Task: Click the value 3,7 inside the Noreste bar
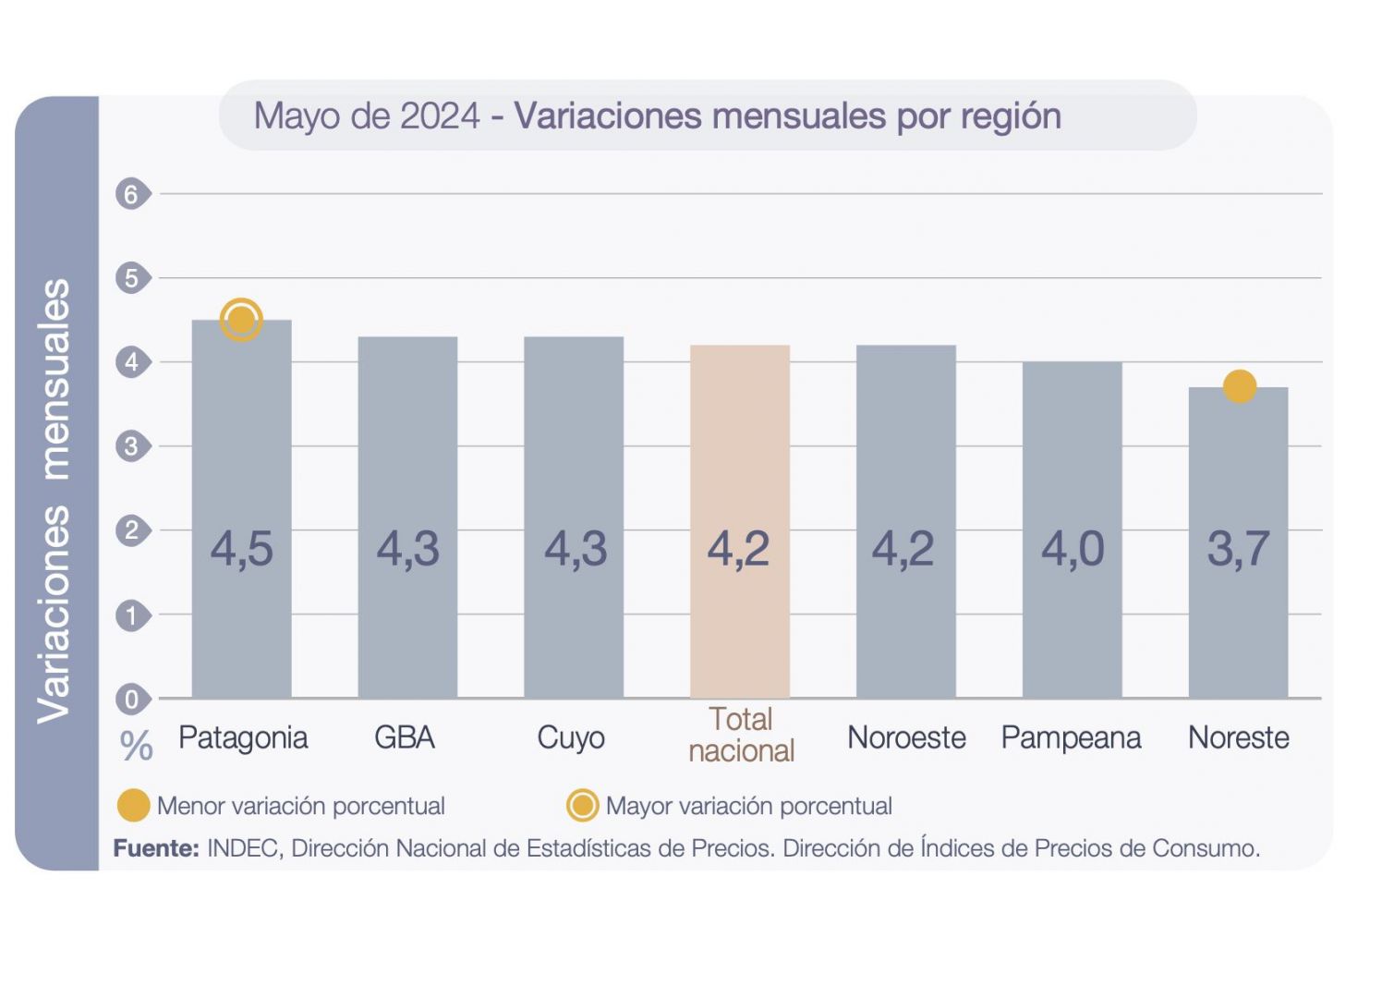[1238, 549]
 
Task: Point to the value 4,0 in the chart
[1072, 549]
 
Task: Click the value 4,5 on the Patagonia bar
[241, 549]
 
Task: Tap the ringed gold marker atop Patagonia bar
[241, 320]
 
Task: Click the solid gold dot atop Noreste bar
[1239, 386]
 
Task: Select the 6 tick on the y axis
[132, 194]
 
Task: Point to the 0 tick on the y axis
[132, 700]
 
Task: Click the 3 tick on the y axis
[132, 446]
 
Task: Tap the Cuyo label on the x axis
[571, 737]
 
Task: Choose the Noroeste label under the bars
[906, 737]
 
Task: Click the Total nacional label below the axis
[741, 735]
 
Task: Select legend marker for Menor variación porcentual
[134, 806]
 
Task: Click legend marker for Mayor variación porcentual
[582, 806]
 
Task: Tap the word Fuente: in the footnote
[156, 848]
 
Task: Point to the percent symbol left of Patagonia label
[137, 745]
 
